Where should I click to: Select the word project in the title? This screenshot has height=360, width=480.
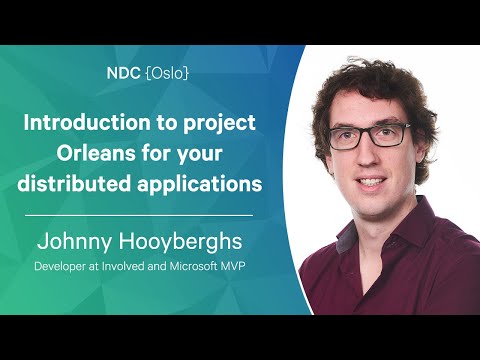[223, 124]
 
